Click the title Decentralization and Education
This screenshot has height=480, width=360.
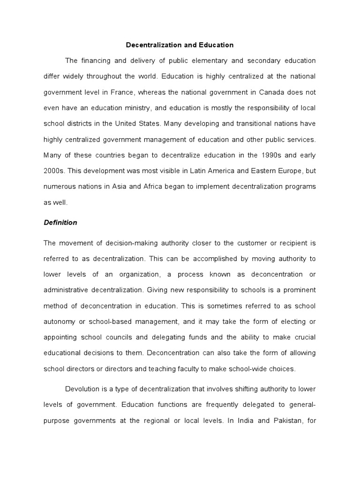click(x=180, y=45)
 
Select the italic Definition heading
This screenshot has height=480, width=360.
click(x=60, y=223)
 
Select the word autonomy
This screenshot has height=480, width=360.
click(x=59, y=321)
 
